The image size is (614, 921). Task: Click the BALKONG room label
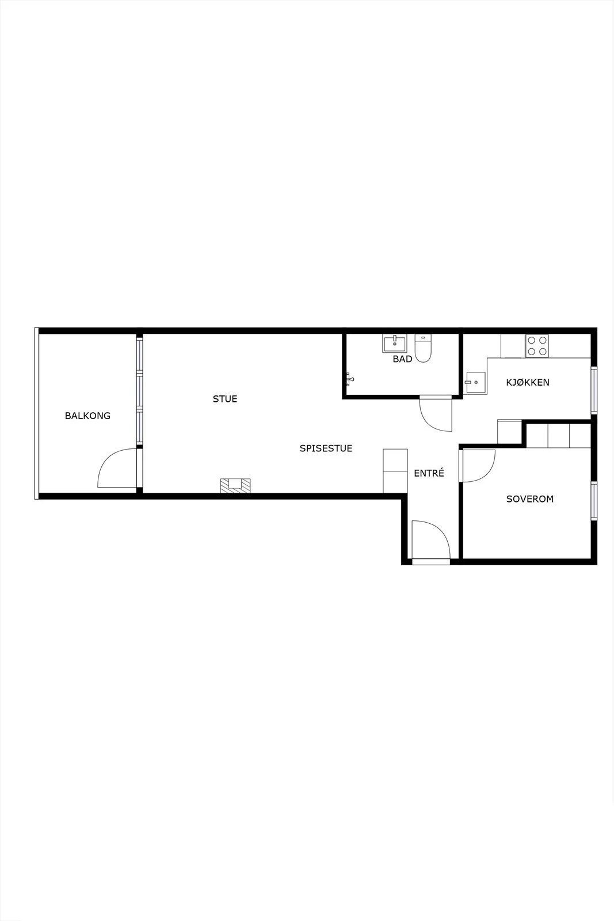tap(87, 416)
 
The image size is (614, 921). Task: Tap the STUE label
tap(225, 399)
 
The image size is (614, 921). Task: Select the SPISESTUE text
tap(326, 448)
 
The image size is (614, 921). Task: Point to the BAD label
tap(402, 359)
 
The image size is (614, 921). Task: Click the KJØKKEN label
tap(528, 382)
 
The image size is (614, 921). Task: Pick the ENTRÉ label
tap(429, 473)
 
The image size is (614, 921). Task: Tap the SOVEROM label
tap(530, 498)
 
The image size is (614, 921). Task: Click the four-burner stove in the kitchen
tap(537, 346)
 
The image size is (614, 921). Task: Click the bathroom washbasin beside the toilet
tap(395, 344)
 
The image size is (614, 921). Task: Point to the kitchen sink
tap(475, 383)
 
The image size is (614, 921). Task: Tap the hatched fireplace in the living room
tap(235, 485)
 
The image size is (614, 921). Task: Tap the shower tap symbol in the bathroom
tap(349, 379)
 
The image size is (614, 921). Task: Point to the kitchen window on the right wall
tap(593, 390)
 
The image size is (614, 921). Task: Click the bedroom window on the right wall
tap(593, 500)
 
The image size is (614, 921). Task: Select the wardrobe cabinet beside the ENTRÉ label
tap(395, 471)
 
